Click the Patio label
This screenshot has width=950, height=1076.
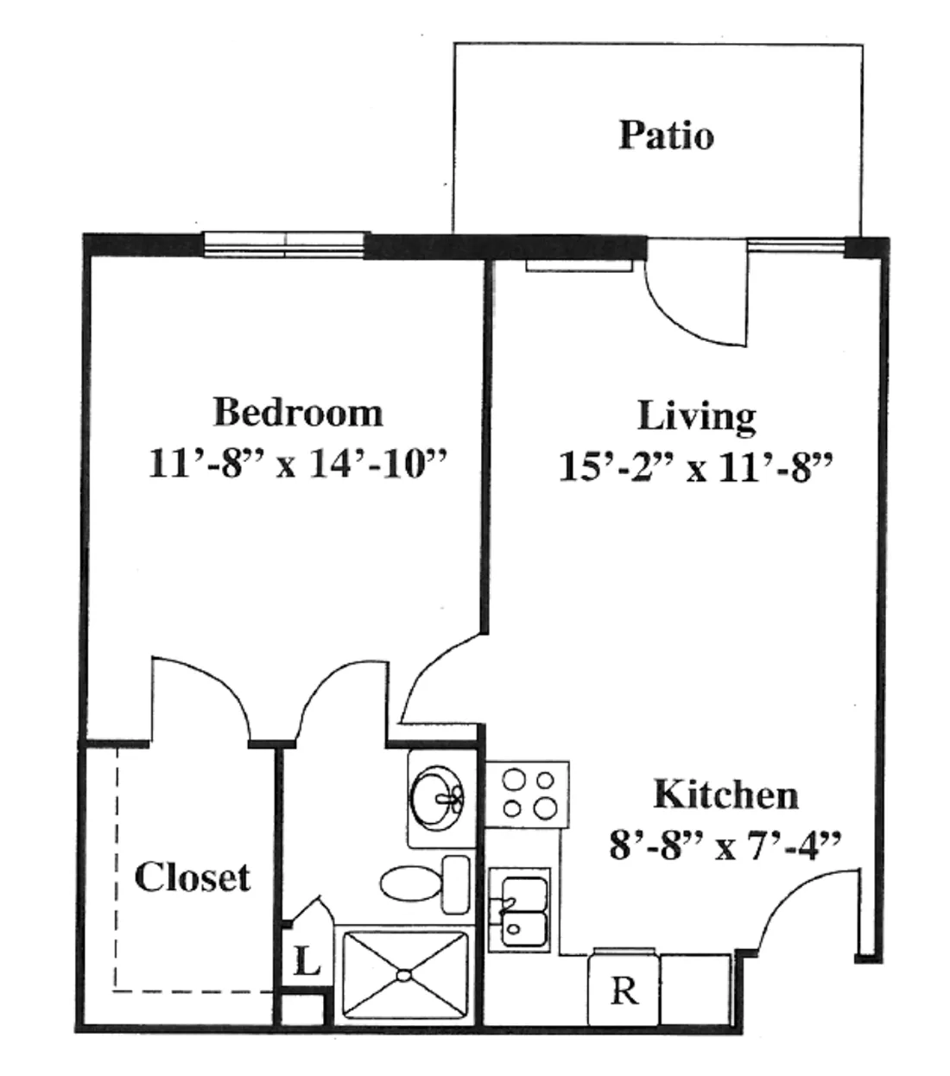click(666, 136)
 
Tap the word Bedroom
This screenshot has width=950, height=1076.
click(298, 412)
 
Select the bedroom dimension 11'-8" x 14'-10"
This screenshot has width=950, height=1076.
click(298, 464)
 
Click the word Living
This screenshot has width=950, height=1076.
click(697, 417)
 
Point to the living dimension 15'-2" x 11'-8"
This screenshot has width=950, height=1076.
click(695, 467)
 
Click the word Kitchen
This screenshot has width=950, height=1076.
click(726, 794)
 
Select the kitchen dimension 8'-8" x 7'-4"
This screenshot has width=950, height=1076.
click(725, 845)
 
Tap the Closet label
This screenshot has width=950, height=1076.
click(193, 877)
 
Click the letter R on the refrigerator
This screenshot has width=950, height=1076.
click(624, 990)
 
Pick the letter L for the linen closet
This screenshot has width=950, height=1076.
click(307, 961)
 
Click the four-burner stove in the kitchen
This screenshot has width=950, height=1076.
click(527, 794)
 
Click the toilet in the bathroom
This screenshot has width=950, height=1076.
click(425, 883)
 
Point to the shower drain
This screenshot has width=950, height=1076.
click(404, 976)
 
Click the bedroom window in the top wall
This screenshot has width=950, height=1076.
click(287, 245)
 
